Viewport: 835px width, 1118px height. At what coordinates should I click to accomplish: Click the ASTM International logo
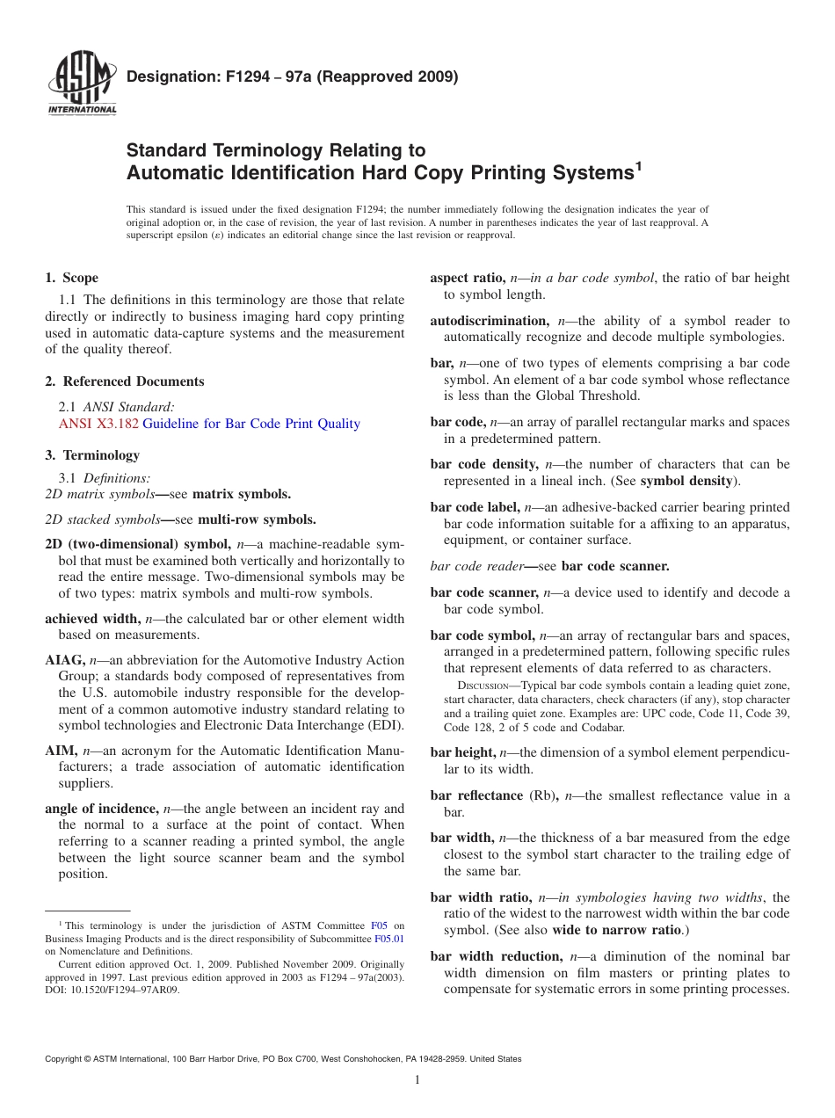[x=81, y=85]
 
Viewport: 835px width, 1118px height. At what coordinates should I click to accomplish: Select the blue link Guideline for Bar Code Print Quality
[x=251, y=424]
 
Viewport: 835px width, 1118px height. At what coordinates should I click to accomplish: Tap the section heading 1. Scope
[x=71, y=278]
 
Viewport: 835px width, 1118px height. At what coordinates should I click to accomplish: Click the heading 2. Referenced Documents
[x=124, y=381]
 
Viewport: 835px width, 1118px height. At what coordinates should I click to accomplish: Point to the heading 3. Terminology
[x=92, y=455]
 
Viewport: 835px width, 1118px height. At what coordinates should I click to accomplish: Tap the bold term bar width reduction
[x=497, y=956]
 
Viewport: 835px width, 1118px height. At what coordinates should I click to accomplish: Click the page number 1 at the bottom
[x=417, y=1080]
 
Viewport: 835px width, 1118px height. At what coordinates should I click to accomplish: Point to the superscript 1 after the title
[x=639, y=164]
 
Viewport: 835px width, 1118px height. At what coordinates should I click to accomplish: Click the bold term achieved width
[x=91, y=619]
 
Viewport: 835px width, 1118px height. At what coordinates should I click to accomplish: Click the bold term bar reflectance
[x=476, y=795]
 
